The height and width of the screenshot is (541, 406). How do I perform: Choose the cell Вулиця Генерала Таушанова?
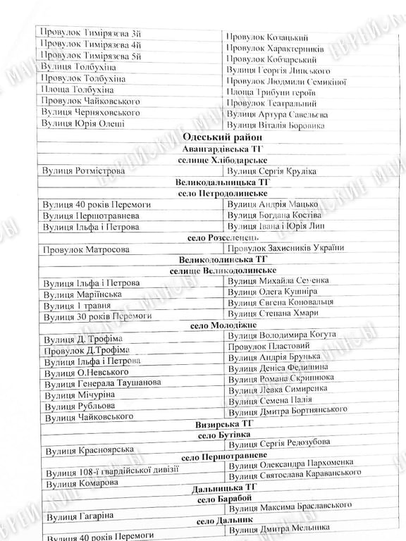(102, 383)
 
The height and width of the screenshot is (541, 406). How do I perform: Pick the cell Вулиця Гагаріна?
(78, 518)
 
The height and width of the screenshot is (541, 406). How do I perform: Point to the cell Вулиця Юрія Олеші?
(83, 124)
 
